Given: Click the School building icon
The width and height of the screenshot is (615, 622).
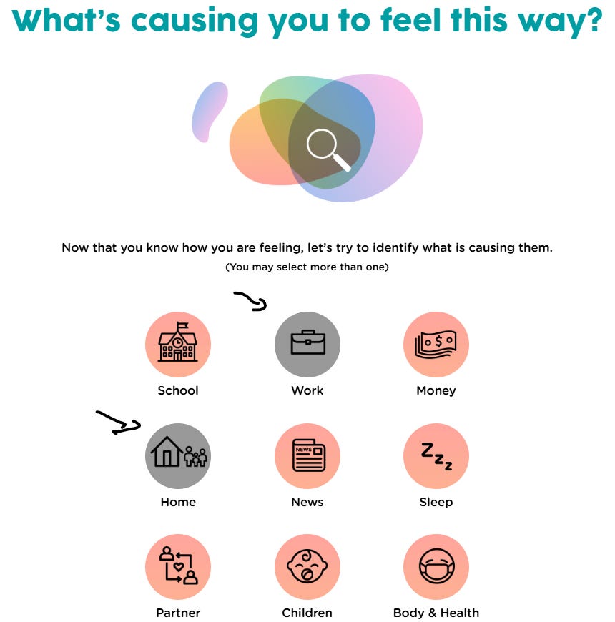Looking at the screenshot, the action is pos(178,344).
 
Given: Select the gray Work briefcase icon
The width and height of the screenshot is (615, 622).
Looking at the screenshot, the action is pos(307,344).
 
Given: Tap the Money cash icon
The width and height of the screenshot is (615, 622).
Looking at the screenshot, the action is pos(436,344).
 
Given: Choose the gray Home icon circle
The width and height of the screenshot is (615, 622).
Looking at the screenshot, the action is pos(178,455).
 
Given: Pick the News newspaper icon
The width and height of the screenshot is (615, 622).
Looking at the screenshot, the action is pos(307,455).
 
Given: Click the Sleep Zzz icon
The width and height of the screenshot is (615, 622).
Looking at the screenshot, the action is pos(436,455).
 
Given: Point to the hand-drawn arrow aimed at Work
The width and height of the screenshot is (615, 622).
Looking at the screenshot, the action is pos(251,302).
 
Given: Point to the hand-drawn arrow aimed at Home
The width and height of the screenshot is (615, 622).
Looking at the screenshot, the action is pos(117,423).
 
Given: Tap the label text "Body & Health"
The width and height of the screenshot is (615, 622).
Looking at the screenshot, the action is pos(436,613).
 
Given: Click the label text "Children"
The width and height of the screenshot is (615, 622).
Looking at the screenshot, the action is pos(307,613).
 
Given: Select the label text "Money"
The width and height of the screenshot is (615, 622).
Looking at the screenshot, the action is pos(436,390).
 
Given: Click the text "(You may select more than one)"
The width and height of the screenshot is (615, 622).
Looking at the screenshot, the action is pos(307,267).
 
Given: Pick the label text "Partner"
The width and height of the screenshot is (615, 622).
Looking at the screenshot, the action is pos(178,613).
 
